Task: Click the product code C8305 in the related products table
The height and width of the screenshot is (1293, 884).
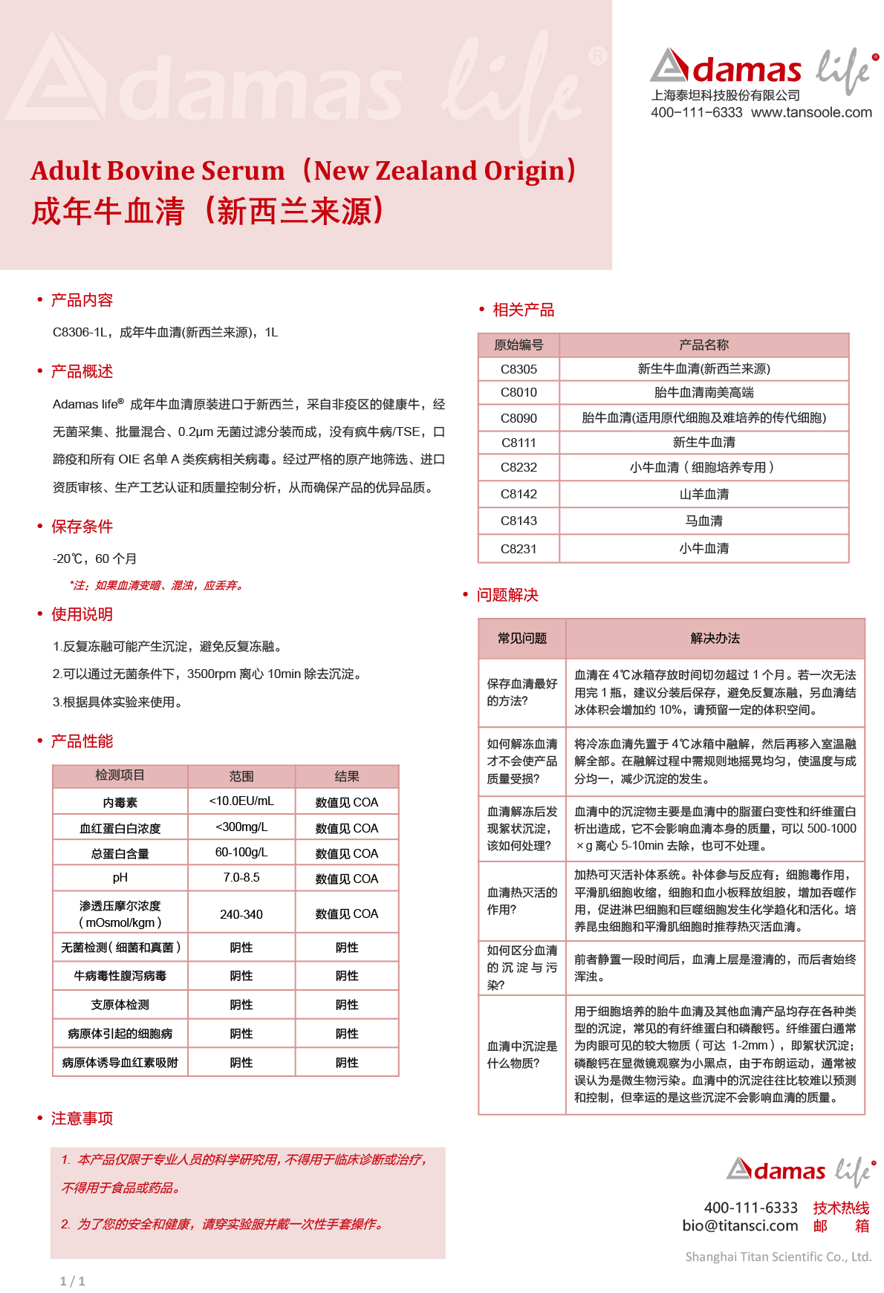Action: pyautogui.click(x=519, y=369)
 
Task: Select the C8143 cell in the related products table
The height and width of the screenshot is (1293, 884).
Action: pyautogui.click(x=519, y=521)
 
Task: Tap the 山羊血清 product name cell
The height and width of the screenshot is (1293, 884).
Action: pyautogui.click(x=703, y=494)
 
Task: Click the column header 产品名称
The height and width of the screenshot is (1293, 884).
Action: pyautogui.click(x=703, y=345)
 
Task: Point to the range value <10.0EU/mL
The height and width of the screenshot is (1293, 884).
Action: pyautogui.click(x=241, y=801)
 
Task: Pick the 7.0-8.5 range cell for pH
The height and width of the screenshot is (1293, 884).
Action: pyautogui.click(x=241, y=877)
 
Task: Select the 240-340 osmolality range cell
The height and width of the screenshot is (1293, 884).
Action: pyautogui.click(x=241, y=914)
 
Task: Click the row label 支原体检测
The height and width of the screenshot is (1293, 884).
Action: pyautogui.click(x=120, y=1005)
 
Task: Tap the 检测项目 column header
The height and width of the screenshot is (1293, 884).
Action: pyautogui.click(x=120, y=775)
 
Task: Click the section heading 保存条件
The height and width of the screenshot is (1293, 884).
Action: pyautogui.click(x=82, y=527)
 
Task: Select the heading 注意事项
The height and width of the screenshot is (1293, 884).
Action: pyautogui.click(x=82, y=1118)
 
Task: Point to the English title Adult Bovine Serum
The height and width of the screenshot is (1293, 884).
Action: pyautogui.click(x=157, y=171)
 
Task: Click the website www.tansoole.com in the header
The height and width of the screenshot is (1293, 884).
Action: pyautogui.click(x=811, y=113)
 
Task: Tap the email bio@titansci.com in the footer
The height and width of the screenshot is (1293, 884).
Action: pyautogui.click(x=740, y=1226)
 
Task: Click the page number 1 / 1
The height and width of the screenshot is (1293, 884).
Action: pyautogui.click(x=73, y=1281)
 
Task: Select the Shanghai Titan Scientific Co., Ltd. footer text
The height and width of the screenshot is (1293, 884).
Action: pyautogui.click(x=778, y=1257)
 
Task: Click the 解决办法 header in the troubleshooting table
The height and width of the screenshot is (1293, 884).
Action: pyautogui.click(x=715, y=638)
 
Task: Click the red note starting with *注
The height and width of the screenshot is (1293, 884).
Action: pyautogui.click(x=156, y=585)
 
